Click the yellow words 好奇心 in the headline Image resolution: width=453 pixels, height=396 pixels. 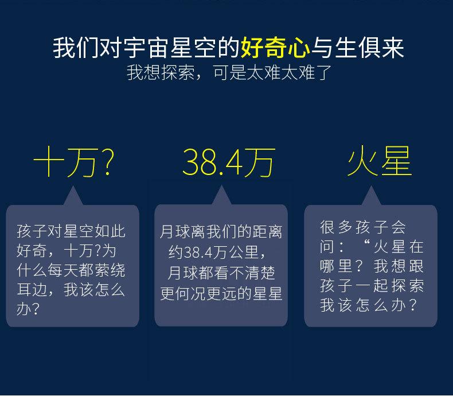[x=275, y=48]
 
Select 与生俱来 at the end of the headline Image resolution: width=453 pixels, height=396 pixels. [x=357, y=48]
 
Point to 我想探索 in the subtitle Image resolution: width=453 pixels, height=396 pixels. [x=161, y=72]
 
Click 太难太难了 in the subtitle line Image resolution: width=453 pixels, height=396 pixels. [x=289, y=72]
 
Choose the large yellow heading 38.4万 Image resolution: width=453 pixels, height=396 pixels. [x=229, y=162]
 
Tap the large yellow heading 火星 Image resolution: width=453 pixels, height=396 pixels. [x=380, y=161]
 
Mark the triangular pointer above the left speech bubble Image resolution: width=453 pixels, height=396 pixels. [x=73, y=196]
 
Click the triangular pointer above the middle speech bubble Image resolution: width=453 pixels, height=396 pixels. [x=221, y=196]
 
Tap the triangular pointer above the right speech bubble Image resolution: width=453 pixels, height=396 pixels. [x=371, y=196]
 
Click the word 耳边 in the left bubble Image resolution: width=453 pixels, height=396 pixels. [x=32, y=290]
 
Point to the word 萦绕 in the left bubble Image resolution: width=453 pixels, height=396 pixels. [x=110, y=270]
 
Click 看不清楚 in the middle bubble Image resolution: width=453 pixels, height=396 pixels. [x=236, y=273]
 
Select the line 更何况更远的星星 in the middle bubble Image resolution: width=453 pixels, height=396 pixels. [x=221, y=293]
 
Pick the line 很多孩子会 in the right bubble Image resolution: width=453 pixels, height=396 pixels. [x=363, y=227]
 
